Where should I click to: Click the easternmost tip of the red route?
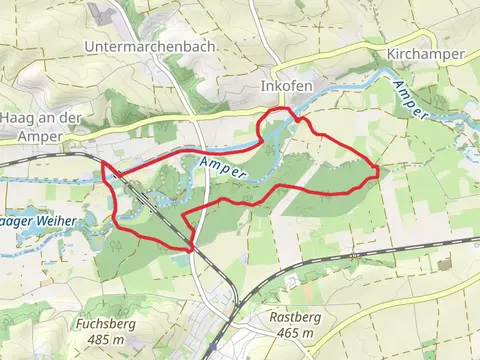(377, 170)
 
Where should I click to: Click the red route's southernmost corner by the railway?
(190, 247)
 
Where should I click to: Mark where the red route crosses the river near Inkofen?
(296, 117)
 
